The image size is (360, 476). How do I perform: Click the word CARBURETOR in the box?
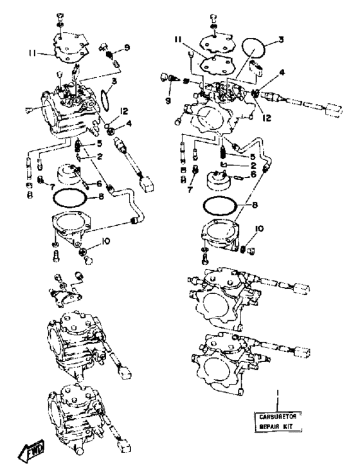pos(278,417)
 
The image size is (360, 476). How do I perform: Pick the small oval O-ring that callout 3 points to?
pos(104,99)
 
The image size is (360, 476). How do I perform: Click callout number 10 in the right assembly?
pos(260,228)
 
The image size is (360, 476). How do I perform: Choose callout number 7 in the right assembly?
pos(190,190)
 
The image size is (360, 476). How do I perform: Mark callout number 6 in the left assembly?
pos(99,183)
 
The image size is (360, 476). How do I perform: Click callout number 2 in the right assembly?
pos(253,166)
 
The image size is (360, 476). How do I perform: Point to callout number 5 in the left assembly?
pos(99,143)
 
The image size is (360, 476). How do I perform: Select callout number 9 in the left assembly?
pos(127,48)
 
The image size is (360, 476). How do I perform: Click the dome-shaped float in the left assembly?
pos(67,175)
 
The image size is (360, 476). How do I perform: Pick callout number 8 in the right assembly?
pos(255,205)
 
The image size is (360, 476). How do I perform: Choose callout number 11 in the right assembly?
pos(178,39)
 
